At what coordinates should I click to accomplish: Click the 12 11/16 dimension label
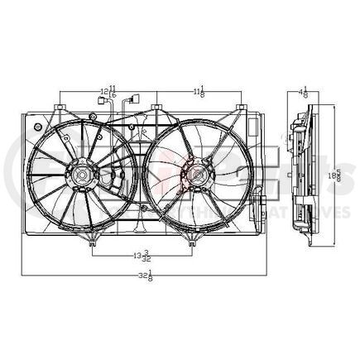(108, 92)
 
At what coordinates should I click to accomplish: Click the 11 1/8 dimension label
(199, 92)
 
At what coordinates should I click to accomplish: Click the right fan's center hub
(196, 175)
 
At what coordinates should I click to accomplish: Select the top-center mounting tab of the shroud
(156, 108)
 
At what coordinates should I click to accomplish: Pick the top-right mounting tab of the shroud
(241, 108)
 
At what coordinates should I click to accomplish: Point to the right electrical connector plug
(128, 102)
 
